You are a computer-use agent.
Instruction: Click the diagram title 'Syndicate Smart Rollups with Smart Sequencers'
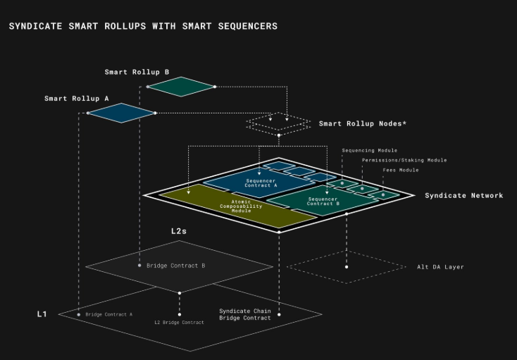pyautogui.click(x=143, y=26)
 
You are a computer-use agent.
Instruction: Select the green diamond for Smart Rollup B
pyautogui.click(x=180, y=87)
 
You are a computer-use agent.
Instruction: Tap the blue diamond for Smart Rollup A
pyautogui.click(x=120, y=113)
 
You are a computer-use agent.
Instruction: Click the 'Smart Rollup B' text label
pyautogui.click(x=137, y=72)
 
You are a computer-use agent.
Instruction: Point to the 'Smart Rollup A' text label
pyautogui.click(x=77, y=99)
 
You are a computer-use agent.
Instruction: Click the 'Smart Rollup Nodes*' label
pyautogui.click(x=363, y=124)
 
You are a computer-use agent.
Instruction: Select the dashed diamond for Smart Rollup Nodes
pyautogui.click(x=278, y=123)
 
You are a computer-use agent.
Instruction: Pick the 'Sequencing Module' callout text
pyautogui.click(x=369, y=150)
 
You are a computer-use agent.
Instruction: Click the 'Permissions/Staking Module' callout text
pyautogui.click(x=404, y=160)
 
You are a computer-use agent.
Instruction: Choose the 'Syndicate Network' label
pyautogui.click(x=463, y=195)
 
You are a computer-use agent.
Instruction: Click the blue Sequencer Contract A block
pyautogui.click(x=261, y=182)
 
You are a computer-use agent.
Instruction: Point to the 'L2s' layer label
pyautogui.click(x=180, y=230)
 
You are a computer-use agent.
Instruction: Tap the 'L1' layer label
pyautogui.click(x=42, y=313)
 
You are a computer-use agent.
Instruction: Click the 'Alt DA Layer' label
pyautogui.click(x=440, y=267)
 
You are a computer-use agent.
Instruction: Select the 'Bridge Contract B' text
pyautogui.click(x=175, y=266)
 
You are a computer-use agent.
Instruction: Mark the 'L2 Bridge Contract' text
pyautogui.click(x=179, y=322)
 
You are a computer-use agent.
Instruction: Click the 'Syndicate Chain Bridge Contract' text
pyautogui.click(x=244, y=314)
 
